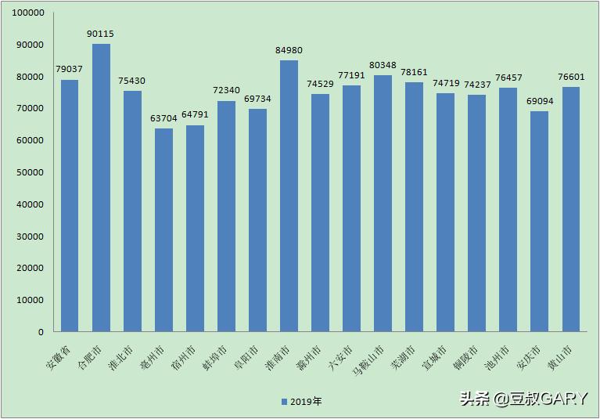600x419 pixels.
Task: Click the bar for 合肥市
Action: pos(101,188)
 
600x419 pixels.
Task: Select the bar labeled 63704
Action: pos(163,230)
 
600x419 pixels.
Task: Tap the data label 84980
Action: pos(289,51)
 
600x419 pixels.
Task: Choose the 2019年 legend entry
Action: pos(301,402)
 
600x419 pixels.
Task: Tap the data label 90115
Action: pos(101,34)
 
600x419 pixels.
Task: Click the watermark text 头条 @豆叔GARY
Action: pos(523,399)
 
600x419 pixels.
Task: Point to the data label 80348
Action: pos(383,66)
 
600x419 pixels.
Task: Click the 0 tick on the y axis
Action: pos(40,332)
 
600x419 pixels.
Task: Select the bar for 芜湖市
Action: pos(414,207)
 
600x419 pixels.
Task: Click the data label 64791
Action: pos(195,116)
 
